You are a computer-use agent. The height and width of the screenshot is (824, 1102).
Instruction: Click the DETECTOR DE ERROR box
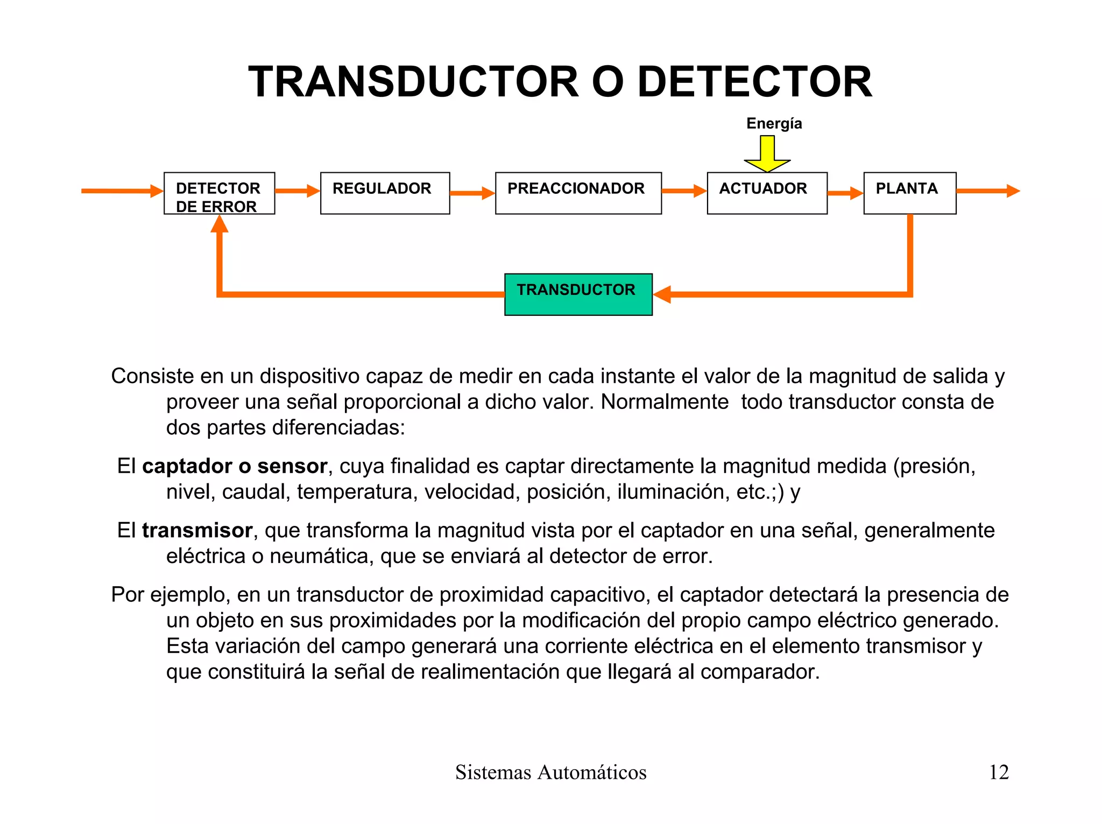[x=219, y=193]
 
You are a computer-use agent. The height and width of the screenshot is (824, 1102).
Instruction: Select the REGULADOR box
[x=385, y=193]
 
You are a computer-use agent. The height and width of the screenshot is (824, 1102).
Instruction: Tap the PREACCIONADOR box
[x=578, y=193]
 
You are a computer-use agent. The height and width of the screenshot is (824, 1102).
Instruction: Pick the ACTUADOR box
[x=767, y=193]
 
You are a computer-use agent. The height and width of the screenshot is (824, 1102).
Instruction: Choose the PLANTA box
[x=909, y=193]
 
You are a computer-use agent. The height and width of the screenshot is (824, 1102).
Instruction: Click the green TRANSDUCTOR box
[x=578, y=294]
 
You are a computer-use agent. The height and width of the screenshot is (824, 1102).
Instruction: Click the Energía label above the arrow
[x=774, y=124]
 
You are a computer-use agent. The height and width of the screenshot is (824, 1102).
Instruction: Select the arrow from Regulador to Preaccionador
[x=472, y=193]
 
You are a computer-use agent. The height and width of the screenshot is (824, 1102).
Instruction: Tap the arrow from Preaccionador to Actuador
[x=684, y=191]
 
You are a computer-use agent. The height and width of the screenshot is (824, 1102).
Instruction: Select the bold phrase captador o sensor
[x=235, y=466]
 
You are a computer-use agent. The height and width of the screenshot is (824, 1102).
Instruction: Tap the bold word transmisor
[x=197, y=531]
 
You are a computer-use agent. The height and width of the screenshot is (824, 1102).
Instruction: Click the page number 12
[x=999, y=772]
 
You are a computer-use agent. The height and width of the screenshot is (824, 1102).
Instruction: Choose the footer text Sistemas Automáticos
[x=550, y=772]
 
